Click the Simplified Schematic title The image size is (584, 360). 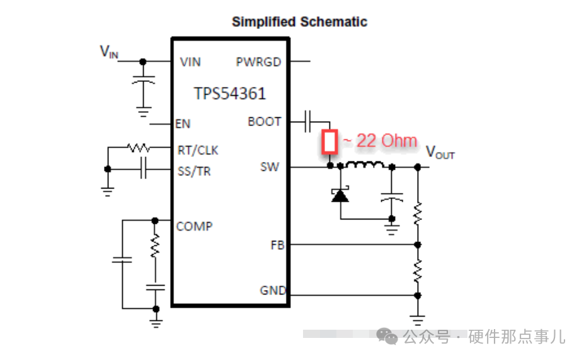pyautogui.click(x=299, y=21)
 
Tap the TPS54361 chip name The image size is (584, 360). pyautogui.click(x=230, y=94)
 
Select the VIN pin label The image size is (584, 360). pyautogui.click(x=190, y=62)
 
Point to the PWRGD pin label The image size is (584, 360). pyautogui.click(x=258, y=62)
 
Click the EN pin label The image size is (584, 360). pyautogui.click(x=183, y=124)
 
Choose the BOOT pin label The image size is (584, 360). pyautogui.click(x=265, y=121)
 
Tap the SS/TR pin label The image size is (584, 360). pyautogui.click(x=194, y=171)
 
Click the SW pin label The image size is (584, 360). pyautogui.click(x=270, y=167)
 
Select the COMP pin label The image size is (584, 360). pyautogui.click(x=194, y=226)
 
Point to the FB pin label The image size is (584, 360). pyautogui.click(x=277, y=245)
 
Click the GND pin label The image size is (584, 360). pyautogui.click(x=273, y=291)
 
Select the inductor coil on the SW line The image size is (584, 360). pyautogui.click(x=366, y=166)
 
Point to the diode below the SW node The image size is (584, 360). pyautogui.click(x=340, y=195)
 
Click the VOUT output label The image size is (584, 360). pyautogui.click(x=440, y=152)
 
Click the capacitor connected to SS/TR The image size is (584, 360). pyautogui.click(x=144, y=169)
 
